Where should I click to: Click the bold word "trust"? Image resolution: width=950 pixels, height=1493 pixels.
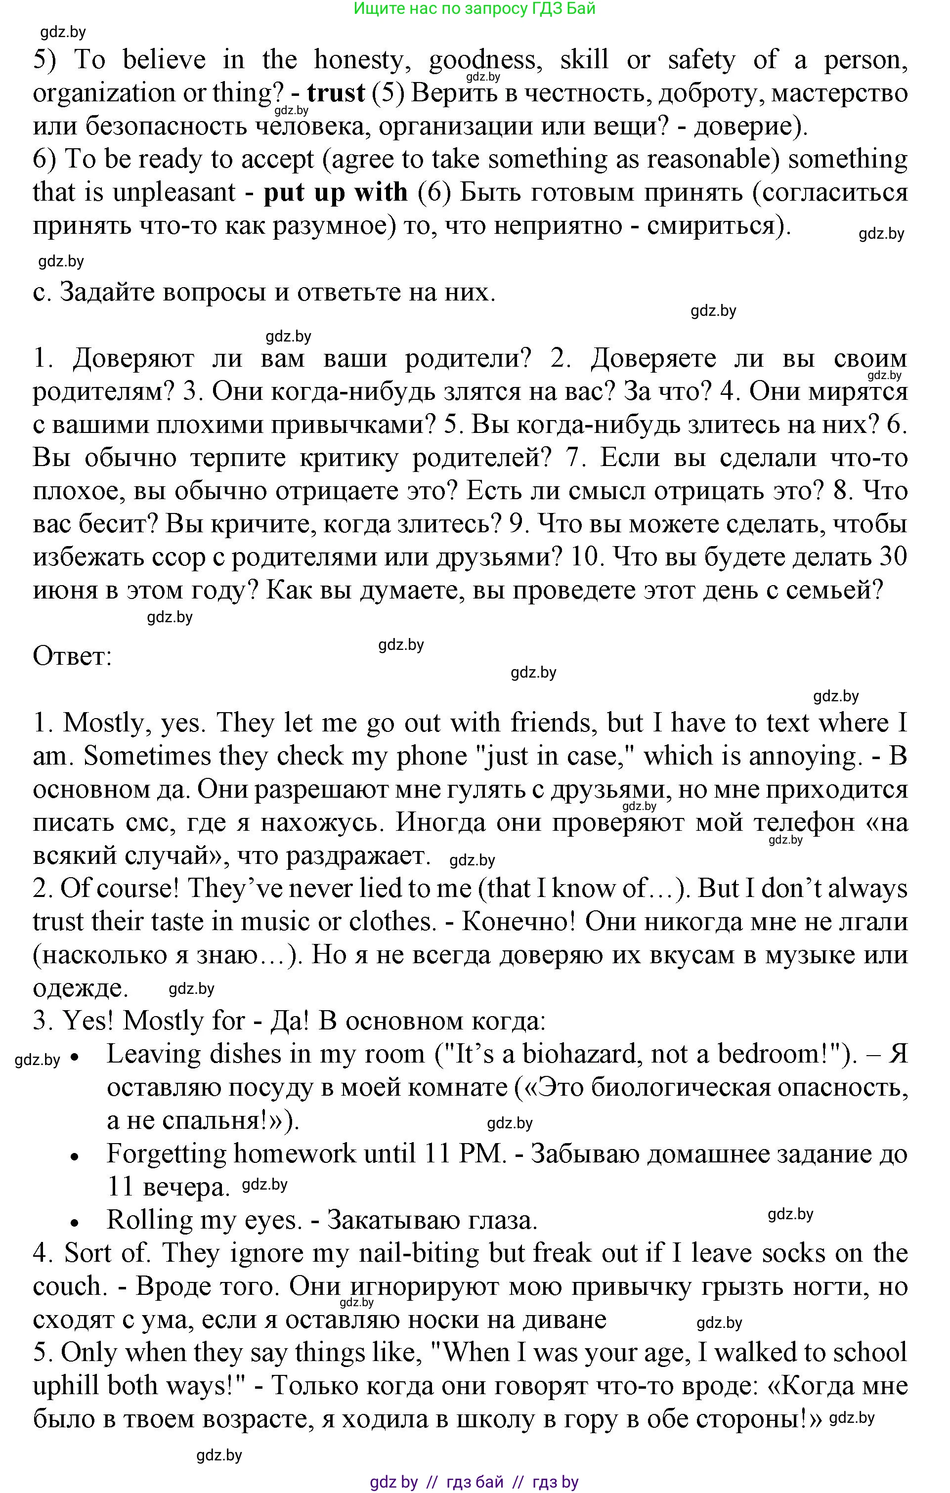tap(336, 93)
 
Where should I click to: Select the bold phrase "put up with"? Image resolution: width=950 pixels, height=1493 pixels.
tap(336, 193)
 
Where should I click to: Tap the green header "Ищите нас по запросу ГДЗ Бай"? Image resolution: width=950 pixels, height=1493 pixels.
tap(475, 9)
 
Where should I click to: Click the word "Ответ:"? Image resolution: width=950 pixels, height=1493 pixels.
tap(72, 656)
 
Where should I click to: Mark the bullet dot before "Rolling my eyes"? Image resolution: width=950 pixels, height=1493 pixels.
tap(75, 1223)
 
